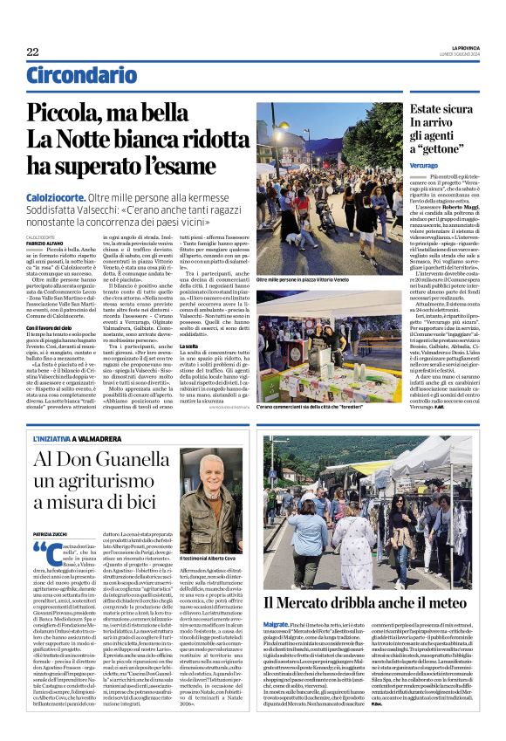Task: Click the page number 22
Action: tap(32, 52)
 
